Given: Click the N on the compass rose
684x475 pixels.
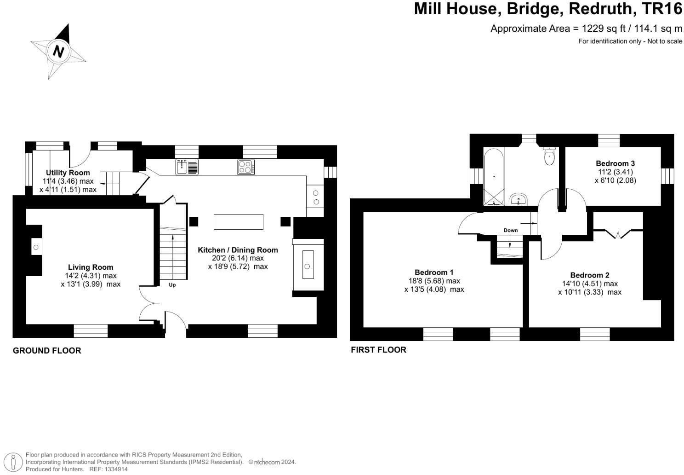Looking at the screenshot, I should pyautogui.click(x=58, y=51).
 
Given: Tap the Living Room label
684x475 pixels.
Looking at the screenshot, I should pyautogui.click(x=91, y=267).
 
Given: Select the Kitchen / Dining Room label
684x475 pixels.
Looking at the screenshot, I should pyautogui.click(x=238, y=250).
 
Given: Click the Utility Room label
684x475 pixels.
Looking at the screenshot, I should pyautogui.click(x=68, y=173).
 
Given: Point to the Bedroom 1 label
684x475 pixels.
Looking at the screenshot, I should pyautogui.click(x=434, y=272).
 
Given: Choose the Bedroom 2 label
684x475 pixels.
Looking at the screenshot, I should pyautogui.click(x=590, y=275).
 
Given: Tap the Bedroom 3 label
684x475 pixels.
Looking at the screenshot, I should pyautogui.click(x=615, y=163).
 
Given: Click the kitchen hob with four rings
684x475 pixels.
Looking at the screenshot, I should pyautogui.click(x=245, y=167).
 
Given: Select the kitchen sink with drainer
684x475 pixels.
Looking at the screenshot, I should pyautogui.click(x=187, y=167).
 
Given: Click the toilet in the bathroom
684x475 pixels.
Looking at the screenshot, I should pyautogui.click(x=549, y=156).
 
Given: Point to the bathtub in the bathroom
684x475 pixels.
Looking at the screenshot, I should pyautogui.click(x=494, y=177).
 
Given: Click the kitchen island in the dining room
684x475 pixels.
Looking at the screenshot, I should pyautogui.click(x=238, y=221).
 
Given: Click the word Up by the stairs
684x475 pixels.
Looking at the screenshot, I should pyautogui.click(x=172, y=285).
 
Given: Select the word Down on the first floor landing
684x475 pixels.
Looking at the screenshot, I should pyautogui.click(x=510, y=230).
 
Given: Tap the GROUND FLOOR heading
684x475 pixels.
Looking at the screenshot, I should pyautogui.click(x=47, y=351).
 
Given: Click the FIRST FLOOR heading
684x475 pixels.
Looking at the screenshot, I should pyautogui.click(x=378, y=350).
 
